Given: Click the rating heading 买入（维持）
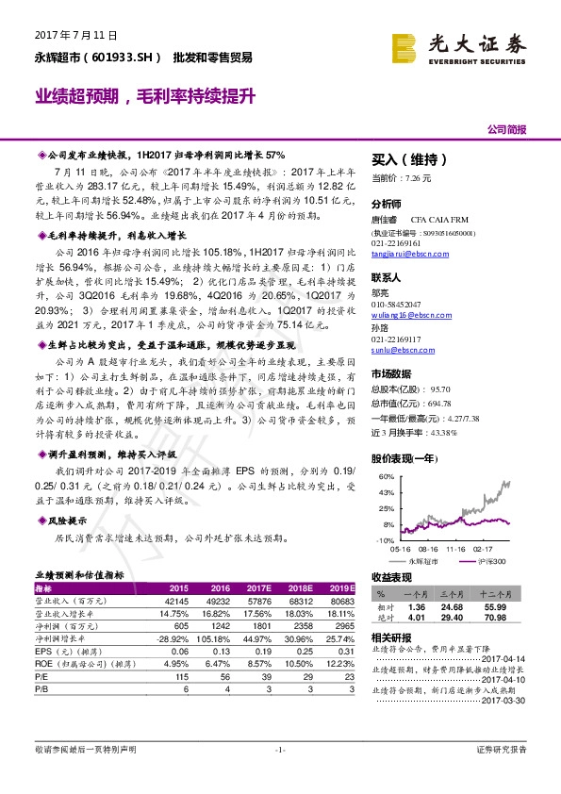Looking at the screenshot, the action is click(410, 160).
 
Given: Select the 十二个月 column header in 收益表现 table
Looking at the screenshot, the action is click(520, 594).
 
